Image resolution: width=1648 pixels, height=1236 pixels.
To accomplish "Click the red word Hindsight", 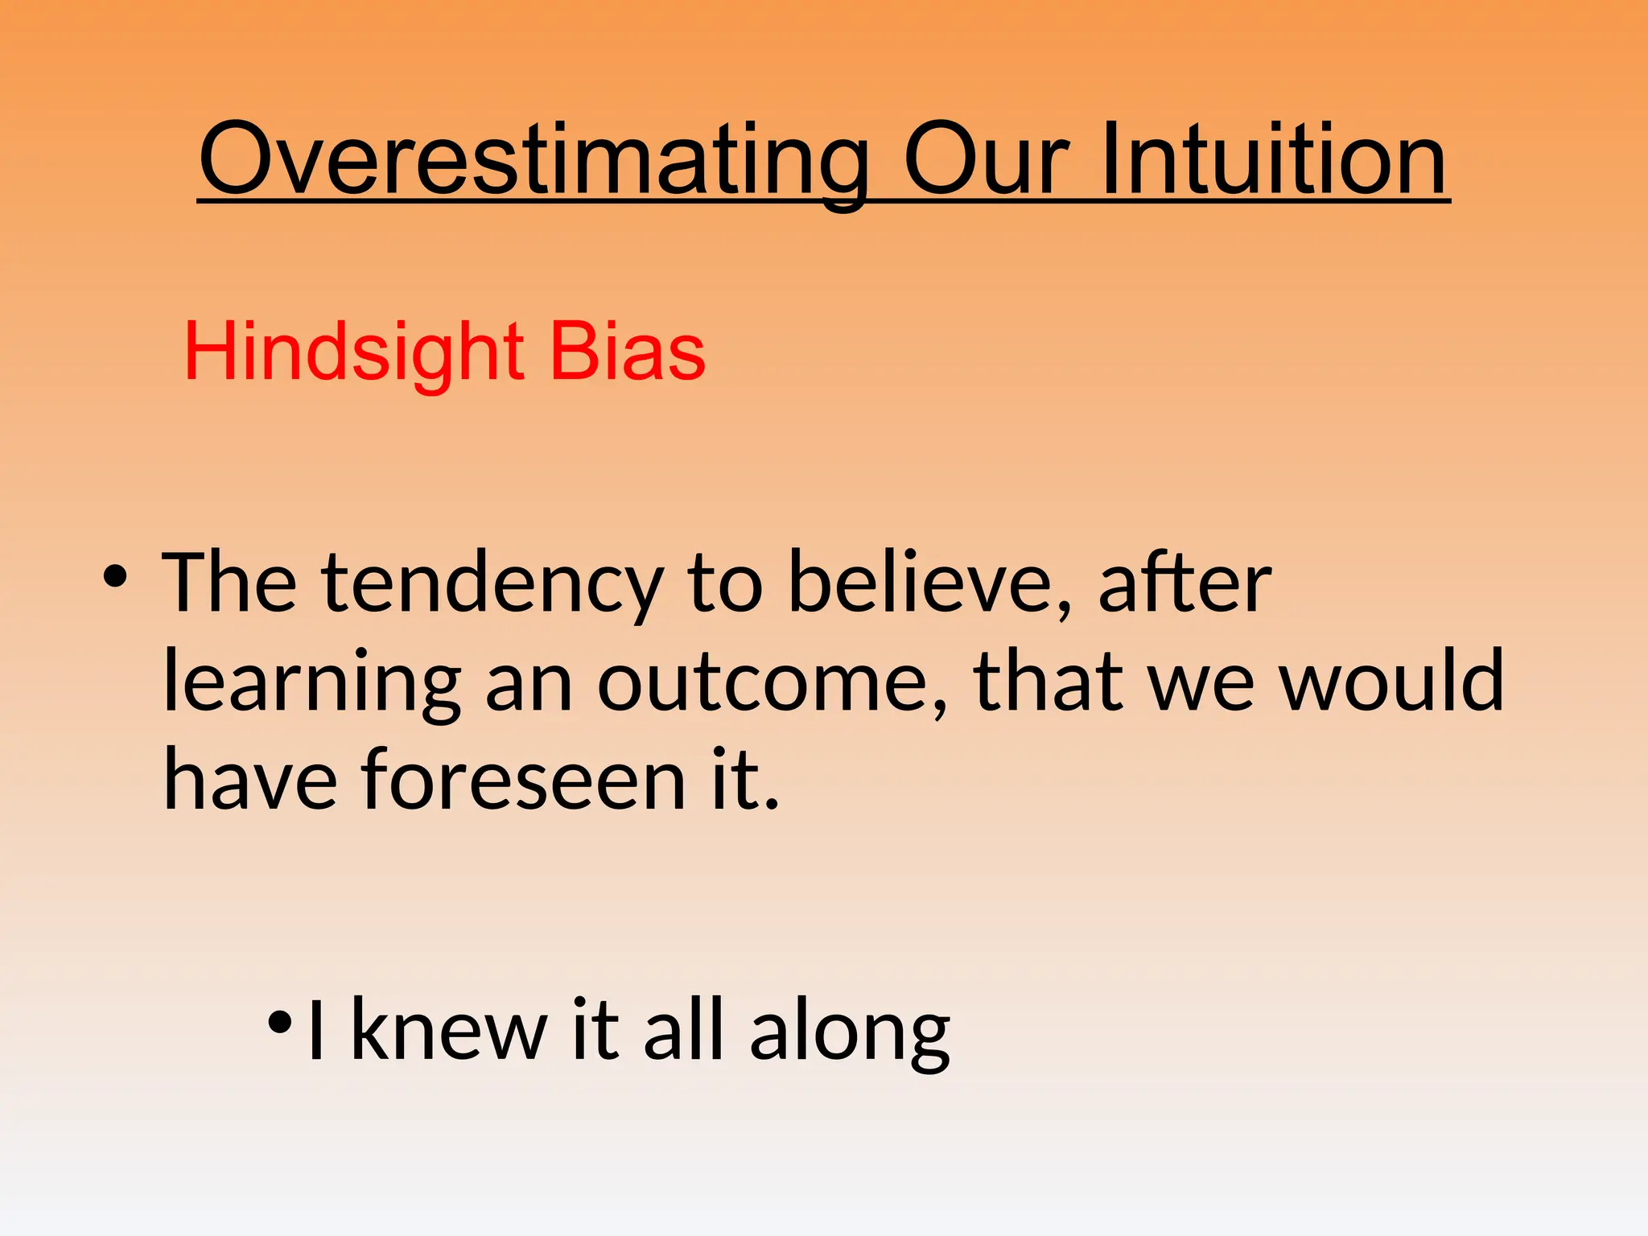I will (354, 352).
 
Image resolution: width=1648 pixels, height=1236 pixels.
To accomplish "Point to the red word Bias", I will (627, 352).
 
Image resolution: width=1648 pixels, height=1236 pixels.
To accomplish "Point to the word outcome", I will (772, 684).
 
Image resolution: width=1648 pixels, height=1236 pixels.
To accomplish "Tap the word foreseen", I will (523, 779).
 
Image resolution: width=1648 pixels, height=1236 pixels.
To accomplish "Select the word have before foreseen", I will (250, 779).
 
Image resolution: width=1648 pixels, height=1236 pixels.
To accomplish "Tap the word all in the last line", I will (684, 1031).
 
